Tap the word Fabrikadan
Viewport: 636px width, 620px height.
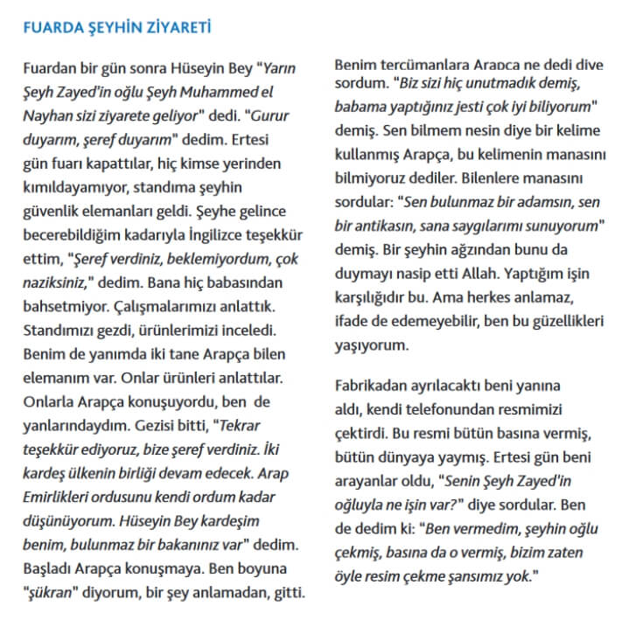click(374, 385)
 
